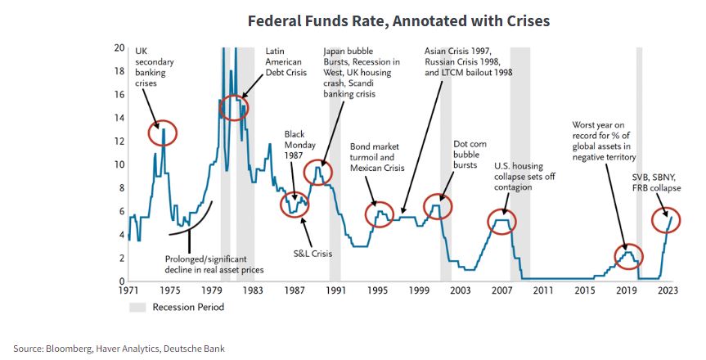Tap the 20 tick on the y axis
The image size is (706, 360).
119,47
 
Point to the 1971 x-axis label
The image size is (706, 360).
128,290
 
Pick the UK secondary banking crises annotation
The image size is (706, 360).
155,68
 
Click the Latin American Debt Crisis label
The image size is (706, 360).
283,62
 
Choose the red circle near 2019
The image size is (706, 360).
627,256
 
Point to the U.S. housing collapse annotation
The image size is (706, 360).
524,177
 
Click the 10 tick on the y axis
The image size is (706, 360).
119,164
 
